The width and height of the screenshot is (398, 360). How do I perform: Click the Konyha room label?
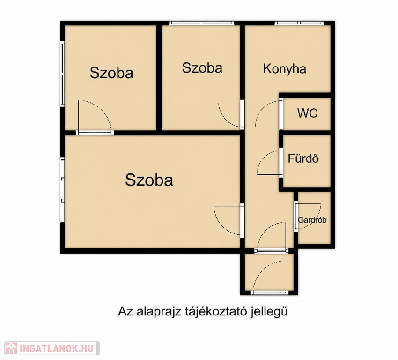[284, 69]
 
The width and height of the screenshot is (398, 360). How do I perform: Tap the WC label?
[307, 113]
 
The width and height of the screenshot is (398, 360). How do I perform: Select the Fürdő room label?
[303, 158]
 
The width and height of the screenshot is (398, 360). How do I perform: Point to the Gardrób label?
[312, 220]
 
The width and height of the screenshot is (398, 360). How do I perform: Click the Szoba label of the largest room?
[149, 180]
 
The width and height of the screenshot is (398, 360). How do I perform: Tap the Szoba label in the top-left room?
[111, 73]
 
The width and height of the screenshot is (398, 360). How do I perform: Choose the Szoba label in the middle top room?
[202, 68]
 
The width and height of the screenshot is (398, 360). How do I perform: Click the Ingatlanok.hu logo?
[52, 348]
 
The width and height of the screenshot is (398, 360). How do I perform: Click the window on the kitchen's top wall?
[299, 23]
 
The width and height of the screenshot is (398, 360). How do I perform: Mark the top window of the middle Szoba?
[201, 23]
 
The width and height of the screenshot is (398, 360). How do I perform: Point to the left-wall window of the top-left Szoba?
[62, 74]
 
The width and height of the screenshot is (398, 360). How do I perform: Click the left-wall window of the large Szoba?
[62, 190]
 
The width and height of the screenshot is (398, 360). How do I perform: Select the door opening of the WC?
[281, 114]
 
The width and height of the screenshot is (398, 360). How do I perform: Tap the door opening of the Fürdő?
[281, 163]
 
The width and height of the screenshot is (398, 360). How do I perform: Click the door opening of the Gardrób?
[296, 217]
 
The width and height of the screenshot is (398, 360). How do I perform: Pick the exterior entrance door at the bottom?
[269, 292]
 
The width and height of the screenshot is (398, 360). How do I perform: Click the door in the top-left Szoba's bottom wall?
[95, 132]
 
